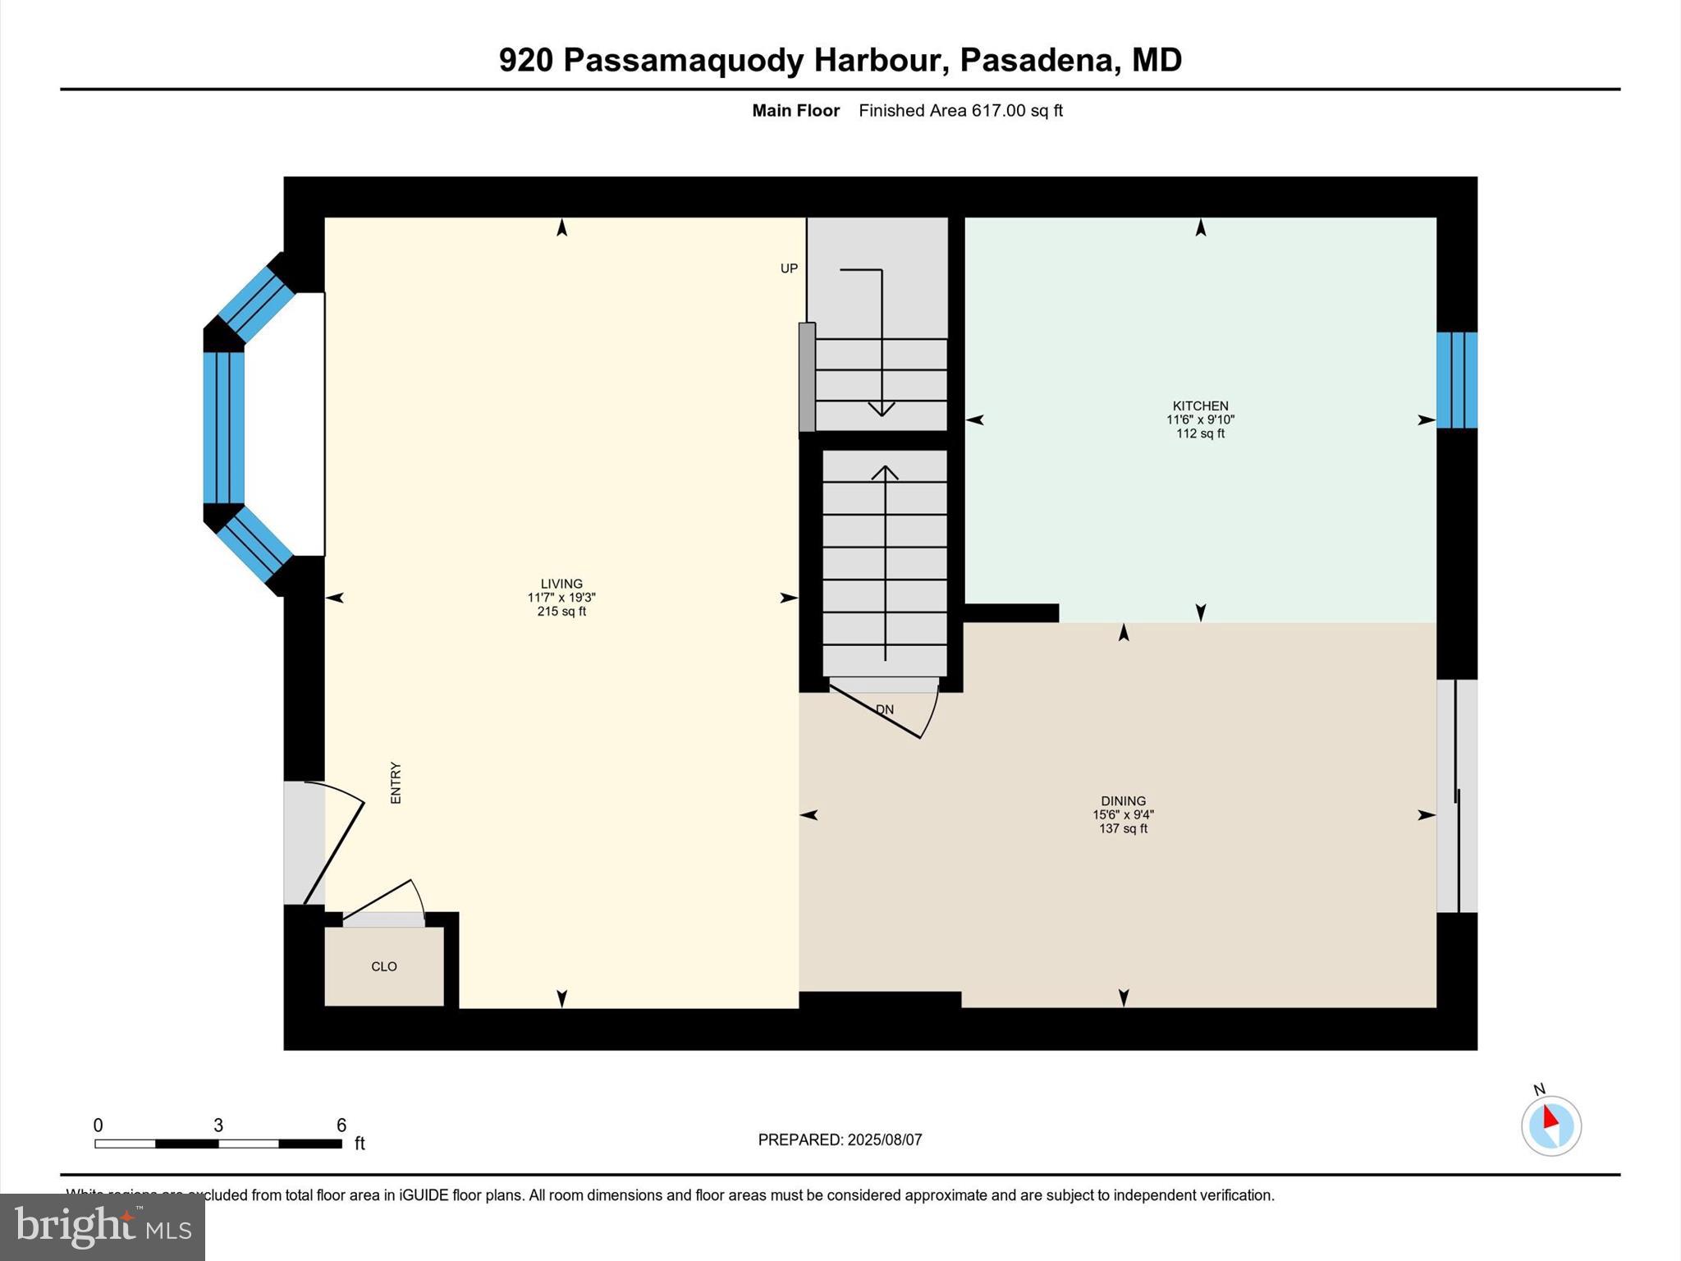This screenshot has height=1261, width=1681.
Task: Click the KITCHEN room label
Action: pyautogui.click(x=1200, y=406)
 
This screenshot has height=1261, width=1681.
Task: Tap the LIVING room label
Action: pyautogui.click(x=561, y=584)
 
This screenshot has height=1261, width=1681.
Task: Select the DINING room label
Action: pyautogui.click(x=1123, y=800)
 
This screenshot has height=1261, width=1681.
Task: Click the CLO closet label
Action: pyautogui.click(x=384, y=966)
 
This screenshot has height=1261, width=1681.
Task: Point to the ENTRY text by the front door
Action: pyautogui.click(x=396, y=782)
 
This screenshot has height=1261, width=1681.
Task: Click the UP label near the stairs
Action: pyautogui.click(x=789, y=268)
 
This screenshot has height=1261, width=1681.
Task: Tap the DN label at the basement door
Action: pyautogui.click(x=885, y=709)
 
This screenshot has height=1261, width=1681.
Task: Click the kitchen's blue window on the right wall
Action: pyautogui.click(x=1457, y=380)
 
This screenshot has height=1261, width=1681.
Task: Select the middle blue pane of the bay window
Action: pyautogui.click(x=224, y=427)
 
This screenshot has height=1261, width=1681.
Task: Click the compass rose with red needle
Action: pyautogui.click(x=1551, y=1126)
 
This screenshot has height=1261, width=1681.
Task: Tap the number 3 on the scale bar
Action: pyautogui.click(x=218, y=1125)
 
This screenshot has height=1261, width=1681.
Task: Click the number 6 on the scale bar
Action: pyautogui.click(x=341, y=1125)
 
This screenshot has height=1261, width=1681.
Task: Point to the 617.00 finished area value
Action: pyautogui.click(x=999, y=111)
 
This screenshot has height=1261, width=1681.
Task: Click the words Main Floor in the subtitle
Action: pyautogui.click(x=795, y=111)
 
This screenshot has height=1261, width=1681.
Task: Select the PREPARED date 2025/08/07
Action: pyautogui.click(x=885, y=1139)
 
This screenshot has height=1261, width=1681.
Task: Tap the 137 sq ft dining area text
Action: pyautogui.click(x=1123, y=828)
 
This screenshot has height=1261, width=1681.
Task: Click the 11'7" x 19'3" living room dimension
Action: pyautogui.click(x=561, y=598)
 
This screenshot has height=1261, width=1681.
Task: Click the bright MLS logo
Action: pyautogui.click(x=103, y=1227)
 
